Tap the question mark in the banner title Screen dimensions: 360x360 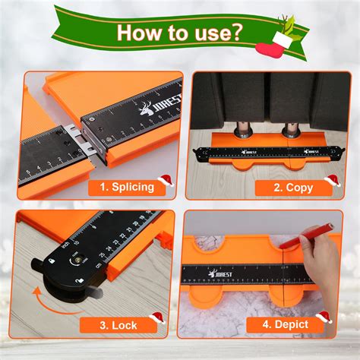[x=235, y=32]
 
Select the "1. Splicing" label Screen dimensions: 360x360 [x=127, y=187]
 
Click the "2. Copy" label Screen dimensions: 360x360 [x=293, y=188]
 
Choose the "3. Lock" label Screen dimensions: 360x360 [x=118, y=325]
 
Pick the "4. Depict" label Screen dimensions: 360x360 [x=286, y=324]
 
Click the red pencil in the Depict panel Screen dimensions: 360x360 [x=305, y=235]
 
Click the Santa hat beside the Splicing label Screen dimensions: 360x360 [x=166, y=181]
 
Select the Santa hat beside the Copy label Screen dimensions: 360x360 [x=333, y=181]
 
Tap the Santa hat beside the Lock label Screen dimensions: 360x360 [x=157, y=318]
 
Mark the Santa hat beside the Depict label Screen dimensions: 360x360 [x=324, y=317]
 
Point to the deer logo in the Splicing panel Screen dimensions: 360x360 [x=146, y=109]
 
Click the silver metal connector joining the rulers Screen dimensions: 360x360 [x=81, y=140]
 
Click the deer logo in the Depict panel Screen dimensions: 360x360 [x=212, y=273]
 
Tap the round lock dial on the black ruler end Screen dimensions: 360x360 [x=77, y=261]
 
